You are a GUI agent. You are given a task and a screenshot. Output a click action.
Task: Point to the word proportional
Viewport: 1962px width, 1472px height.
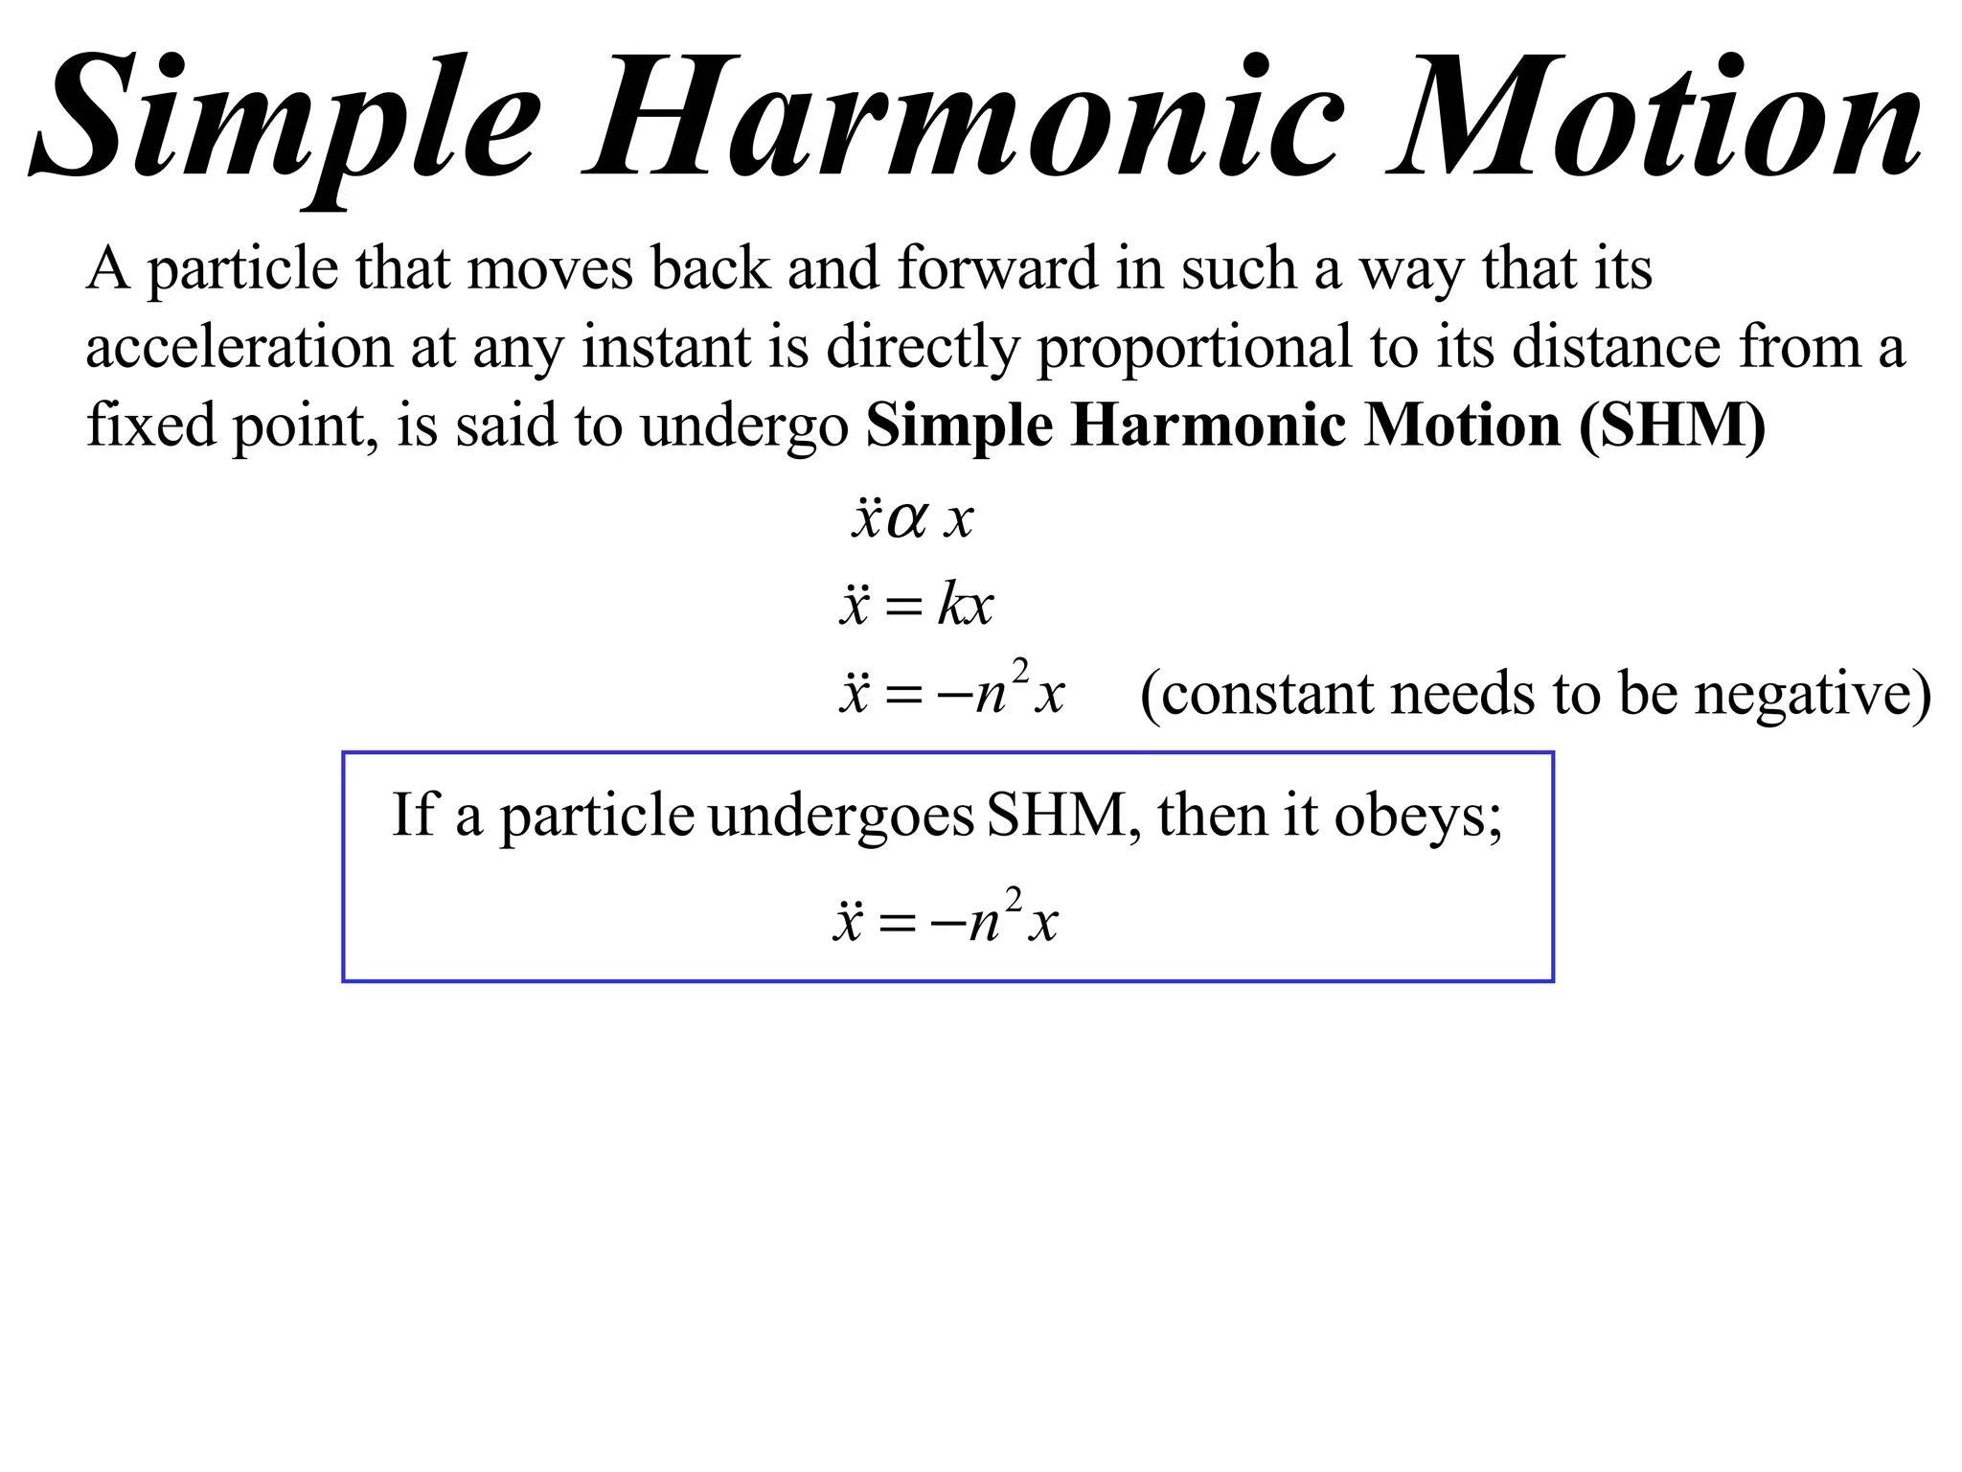1194,349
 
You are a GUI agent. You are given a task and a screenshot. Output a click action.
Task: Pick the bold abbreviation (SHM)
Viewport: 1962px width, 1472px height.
1672,425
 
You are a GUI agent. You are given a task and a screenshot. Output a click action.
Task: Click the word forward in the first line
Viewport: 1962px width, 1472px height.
997,268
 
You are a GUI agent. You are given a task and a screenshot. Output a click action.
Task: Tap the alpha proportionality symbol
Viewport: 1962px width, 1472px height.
906,521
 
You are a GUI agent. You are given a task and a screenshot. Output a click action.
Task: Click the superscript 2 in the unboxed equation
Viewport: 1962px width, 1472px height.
1020,671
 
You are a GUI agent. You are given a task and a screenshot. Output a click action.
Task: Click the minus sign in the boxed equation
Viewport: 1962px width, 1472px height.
947,924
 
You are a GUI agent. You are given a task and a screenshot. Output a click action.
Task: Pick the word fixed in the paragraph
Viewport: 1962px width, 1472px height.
151,425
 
